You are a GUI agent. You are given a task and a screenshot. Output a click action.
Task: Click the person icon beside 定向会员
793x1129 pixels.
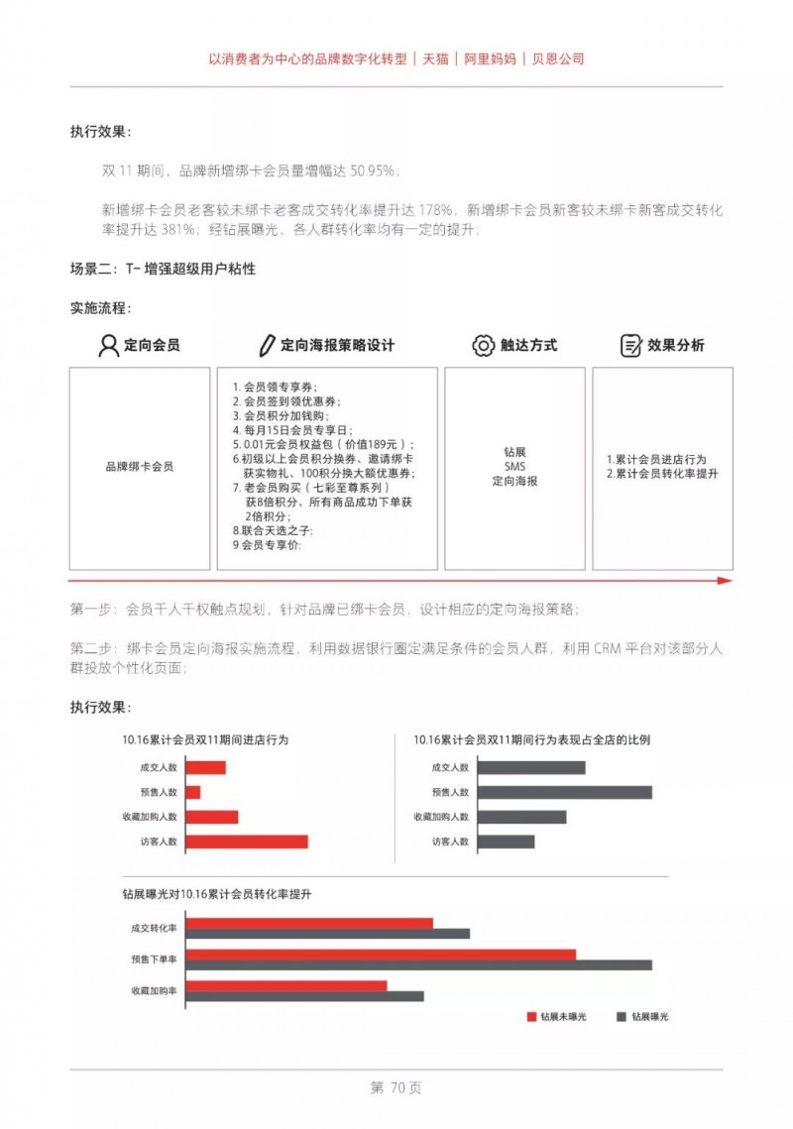[x=109, y=345]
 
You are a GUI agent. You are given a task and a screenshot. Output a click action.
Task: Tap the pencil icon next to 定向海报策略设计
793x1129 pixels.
[x=266, y=345]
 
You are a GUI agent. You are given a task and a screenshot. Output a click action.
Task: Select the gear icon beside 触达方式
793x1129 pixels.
[x=483, y=345]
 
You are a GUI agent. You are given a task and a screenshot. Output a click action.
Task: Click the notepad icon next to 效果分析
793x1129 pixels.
[x=630, y=345]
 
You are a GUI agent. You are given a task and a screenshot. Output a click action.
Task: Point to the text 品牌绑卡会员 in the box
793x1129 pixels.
[x=140, y=466]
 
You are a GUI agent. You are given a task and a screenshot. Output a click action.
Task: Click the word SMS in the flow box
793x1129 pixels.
[x=514, y=466]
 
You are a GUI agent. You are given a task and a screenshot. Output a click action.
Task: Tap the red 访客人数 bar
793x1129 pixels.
[x=247, y=842]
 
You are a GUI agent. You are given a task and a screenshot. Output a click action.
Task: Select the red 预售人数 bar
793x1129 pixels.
[x=193, y=792]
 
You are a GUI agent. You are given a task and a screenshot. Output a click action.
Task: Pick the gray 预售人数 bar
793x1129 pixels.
[x=564, y=792]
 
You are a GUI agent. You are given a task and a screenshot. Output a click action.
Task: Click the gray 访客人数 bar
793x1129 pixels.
[x=506, y=842]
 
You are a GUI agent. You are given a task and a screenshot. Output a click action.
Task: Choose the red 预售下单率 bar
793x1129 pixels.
[x=381, y=955]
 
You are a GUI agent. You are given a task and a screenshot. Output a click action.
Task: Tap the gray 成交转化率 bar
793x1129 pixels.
[x=327, y=933]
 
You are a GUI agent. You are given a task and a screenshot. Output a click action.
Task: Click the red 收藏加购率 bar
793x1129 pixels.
[x=286, y=985]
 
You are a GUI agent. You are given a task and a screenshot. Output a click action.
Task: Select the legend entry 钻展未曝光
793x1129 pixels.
[x=555, y=1017]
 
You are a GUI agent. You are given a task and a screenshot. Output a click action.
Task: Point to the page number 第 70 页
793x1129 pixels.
[x=396, y=1087]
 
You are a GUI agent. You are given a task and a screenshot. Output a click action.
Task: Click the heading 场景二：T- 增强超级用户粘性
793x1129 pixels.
[x=163, y=269]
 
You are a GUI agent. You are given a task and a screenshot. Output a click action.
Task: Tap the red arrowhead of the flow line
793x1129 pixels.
[x=725, y=581]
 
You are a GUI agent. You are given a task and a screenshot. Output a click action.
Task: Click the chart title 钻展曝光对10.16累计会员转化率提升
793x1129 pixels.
[x=217, y=894]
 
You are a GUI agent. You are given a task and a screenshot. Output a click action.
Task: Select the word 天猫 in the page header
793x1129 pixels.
[x=435, y=58]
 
